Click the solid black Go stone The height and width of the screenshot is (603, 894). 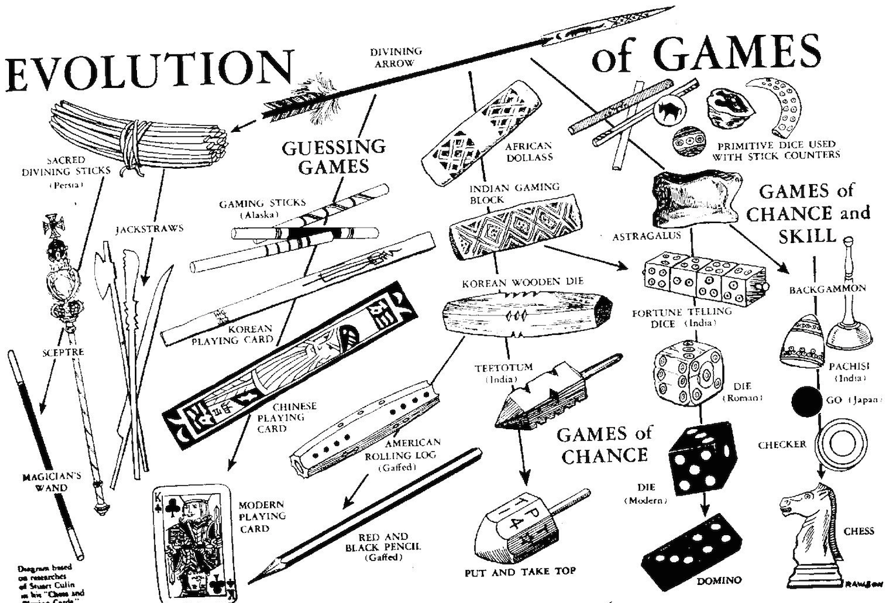click(805, 402)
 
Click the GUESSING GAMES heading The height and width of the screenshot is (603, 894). click(333, 156)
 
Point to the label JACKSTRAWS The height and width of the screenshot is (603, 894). click(149, 229)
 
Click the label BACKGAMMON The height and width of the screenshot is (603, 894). click(827, 289)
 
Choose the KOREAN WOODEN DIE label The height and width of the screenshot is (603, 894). click(523, 282)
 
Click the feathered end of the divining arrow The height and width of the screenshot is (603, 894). click(304, 100)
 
